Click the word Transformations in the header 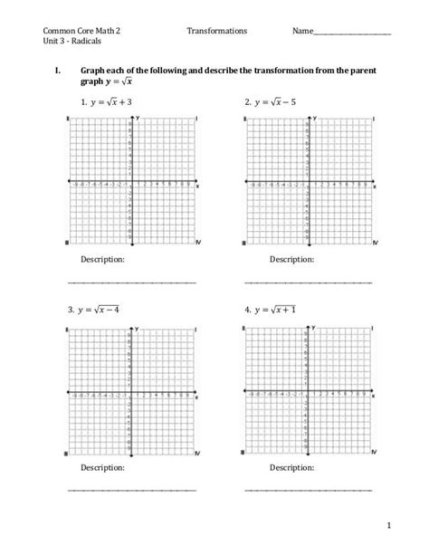pos(217,31)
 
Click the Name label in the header pos(302,31)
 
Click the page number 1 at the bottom pos(386,525)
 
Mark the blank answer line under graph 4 pos(308,491)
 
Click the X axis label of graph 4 pos(375,396)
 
